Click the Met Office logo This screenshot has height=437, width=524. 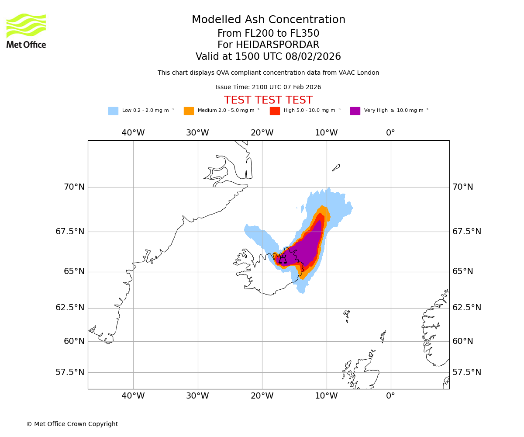coord(26,31)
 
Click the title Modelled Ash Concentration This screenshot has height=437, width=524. coord(268,20)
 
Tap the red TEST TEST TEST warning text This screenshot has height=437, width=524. coord(268,100)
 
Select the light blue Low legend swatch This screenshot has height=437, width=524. coord(113,111)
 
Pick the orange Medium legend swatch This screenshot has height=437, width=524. coord(189,111)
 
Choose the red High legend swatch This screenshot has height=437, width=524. coord(275,111)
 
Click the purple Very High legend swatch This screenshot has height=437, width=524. coord(355,111)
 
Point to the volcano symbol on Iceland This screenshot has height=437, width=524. coord(283,259)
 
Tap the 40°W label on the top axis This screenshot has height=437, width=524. coord(133,133)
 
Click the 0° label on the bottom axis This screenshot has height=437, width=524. coord(390,396)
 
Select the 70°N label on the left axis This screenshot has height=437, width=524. coord(74,187)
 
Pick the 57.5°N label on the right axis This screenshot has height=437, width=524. coord(467,372)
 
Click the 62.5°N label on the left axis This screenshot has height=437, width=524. coord(70,308)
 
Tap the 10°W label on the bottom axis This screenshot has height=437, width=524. coord(326,396)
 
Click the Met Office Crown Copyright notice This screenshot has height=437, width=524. coord(72,424)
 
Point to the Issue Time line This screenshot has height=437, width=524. coord(268,87)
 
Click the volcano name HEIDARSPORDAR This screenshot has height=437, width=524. coord(277,45)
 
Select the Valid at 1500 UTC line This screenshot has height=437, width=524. coord(268,57)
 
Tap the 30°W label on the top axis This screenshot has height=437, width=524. coord(197,133)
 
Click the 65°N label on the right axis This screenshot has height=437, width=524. coord(463,271)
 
